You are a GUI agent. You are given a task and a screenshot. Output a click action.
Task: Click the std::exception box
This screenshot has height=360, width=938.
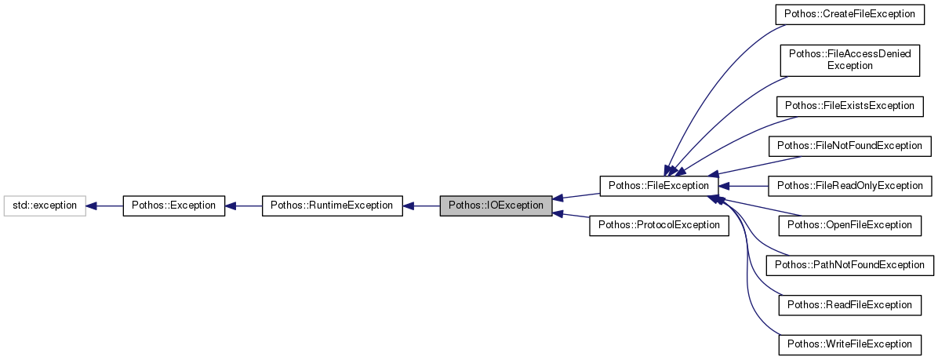tap(44, 206)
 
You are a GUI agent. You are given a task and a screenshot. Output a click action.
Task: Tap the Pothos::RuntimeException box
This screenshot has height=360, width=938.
tap(331, 206)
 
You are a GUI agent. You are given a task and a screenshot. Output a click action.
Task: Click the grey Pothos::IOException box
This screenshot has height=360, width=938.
tap(496, 206)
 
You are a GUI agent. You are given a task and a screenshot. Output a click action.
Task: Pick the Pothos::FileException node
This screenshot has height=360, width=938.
tap(659, 186)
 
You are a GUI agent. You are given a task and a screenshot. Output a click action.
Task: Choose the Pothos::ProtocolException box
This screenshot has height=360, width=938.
tap(659, 226)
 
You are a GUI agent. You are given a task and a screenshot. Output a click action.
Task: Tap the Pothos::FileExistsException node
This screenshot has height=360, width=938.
tap(849, 106)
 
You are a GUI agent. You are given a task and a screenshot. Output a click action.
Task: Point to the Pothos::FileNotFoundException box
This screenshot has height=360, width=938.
tap(849, 146)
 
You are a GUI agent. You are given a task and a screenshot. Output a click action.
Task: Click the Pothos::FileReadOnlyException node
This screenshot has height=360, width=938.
tap(849, 186)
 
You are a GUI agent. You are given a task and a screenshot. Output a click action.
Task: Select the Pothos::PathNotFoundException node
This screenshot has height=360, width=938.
tap(849, 265)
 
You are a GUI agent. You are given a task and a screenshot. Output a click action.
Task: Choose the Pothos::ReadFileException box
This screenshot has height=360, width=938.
tap(849, 305)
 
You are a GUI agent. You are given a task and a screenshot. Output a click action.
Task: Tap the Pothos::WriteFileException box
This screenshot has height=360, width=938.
tap(849, 344)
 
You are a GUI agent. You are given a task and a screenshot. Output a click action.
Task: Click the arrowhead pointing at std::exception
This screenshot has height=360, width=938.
tap(91, 206)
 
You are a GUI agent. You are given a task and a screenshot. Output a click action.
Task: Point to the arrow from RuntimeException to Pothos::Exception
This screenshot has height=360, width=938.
tap(243, 206)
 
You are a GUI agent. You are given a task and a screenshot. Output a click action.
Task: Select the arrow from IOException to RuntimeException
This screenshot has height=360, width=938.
tap(421, 206)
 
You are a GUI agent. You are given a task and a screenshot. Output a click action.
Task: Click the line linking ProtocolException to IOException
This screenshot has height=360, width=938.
tap(571, 216)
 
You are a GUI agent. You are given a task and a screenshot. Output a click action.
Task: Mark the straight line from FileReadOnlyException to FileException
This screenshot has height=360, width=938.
tap(743, 186)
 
